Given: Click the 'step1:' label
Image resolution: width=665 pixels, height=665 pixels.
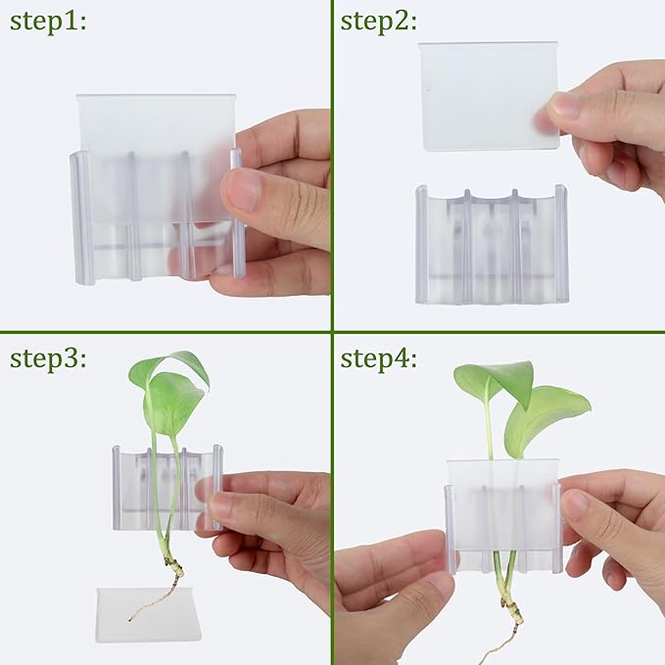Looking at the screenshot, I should [x=48, y=22].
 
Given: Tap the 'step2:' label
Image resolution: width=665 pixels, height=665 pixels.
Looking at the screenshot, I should [x=381, y=22].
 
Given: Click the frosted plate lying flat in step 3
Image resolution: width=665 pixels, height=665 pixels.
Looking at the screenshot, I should [x=148, y=614].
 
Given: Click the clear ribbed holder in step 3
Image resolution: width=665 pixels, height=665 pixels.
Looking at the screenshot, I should [x=166, y=488].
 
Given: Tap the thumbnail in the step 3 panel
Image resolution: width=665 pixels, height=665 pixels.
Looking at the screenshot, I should [x=221, y=504].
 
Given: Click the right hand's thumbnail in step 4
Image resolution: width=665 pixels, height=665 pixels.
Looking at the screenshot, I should [x=576, y=505].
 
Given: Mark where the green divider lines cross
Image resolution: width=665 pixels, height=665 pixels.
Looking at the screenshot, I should [x=332, y=331].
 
